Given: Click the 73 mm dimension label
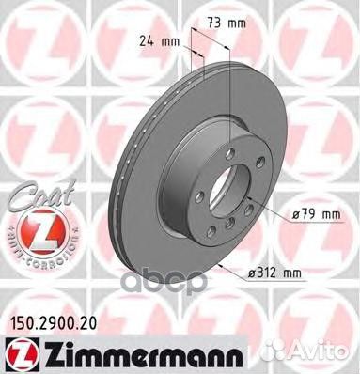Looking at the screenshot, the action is pos(227,23).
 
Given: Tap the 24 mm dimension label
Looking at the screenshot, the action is pos(159,41).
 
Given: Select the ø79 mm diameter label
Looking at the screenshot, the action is pos(316,214).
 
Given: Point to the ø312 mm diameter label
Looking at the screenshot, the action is pos(274,273).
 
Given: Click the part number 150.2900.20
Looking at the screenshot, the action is pos(51,324).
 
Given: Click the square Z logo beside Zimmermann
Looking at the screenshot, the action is pos(23,354).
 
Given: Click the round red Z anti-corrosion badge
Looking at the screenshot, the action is pos(39,231).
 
